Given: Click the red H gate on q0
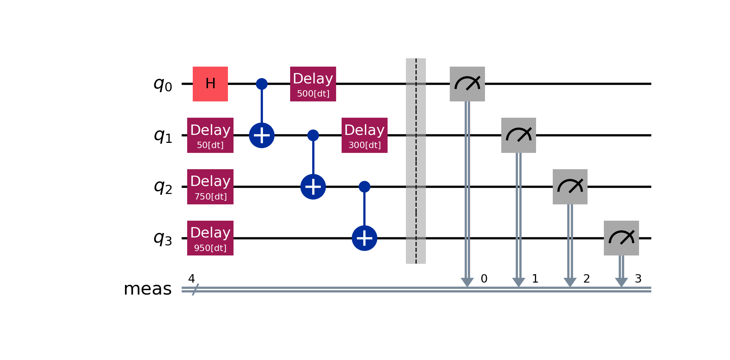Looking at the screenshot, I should pos(210,84).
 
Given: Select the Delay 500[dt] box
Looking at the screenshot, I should pos(313,84).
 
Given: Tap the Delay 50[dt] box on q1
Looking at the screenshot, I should pos(210,135).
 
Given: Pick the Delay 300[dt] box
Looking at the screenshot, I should pos(364,135).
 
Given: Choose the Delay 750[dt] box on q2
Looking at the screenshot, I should pos(210,187).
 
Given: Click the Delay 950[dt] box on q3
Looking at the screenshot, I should pos(210,238).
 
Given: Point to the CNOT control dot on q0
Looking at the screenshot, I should pos(262,84).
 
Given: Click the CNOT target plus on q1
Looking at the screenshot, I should pos(262,135).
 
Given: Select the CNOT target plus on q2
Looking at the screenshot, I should pos(313,187).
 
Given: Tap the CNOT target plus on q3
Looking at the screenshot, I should pos(364,238).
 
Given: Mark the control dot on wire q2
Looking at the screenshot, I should pos(364,187).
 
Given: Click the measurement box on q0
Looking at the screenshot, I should pos(467,84).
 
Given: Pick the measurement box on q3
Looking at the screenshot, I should pos(621,238).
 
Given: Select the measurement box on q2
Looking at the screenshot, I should pos(570,187).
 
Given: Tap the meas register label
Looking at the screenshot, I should pos(148,289).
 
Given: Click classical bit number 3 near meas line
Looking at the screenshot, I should pos(638,279).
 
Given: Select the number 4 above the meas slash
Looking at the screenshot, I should pos(192,278).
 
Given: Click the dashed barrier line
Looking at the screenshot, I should pos(416,161).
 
